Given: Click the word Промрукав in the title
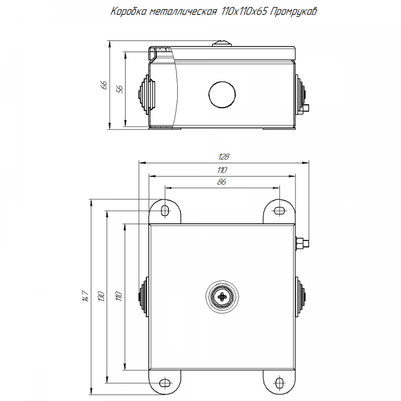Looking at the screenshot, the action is pos(293,12).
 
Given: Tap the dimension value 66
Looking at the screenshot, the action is pos(104,85).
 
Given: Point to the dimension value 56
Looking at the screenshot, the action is pos(120,89).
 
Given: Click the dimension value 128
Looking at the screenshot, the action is pos(224,156).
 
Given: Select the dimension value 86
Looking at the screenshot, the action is pos(222,182).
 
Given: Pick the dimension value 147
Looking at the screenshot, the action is pos(86,296).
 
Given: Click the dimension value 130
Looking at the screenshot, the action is pos(101,296).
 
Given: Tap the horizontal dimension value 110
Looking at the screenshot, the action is pos(222,170).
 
